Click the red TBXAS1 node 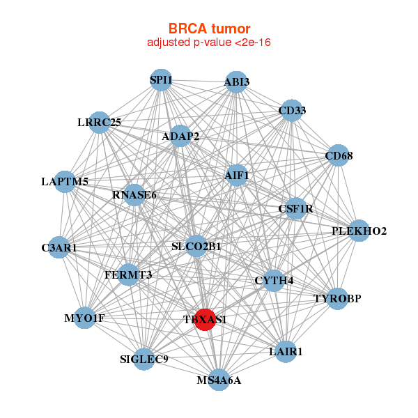[x=205, y=320]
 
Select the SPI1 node [x=161, y=80]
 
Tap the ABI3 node [x=236, y=82]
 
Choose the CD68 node [x=338, y=157]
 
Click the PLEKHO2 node [x=358, y=231]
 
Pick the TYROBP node [x=337, y=299]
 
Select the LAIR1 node [x=286, y=352]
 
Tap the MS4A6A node [x=219, y=380]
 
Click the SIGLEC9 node [x=144, y=359]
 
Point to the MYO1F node [x=84, y=318]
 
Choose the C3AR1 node [x=59, y=247]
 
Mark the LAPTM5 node [x=65, y=182]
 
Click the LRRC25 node [x=100, y=123]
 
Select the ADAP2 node [x=180, y=137]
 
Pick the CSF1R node [x=295, y=208]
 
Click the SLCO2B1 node [x=196, y=246]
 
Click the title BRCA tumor [x=209, y=29]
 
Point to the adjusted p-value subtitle [x=209, y=42]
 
